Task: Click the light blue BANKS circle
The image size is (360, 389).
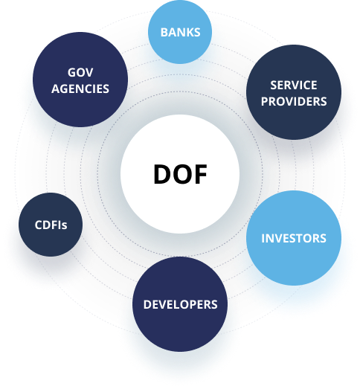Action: pyautogui.click(x=180, y=32)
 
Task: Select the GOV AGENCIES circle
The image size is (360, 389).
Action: pyautogui.click(x=80, y=80)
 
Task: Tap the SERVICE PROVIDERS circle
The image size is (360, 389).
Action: pyautogui.click(x=294, y=92)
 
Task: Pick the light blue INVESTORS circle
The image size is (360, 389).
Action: pyautogui.click(x=294, y=238)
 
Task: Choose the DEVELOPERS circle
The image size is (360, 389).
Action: pyautogui.click(x=180, y=304)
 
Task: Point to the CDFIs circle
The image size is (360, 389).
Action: pyautogui.click(x=51, y=225)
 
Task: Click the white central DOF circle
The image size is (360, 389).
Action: pyautogui.click(x=180, y=174)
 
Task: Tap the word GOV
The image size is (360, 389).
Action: pyautogui.click(x=80, y=72)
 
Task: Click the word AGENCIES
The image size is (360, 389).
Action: pyautogui.click(x=80, y=89)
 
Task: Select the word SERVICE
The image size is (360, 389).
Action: pyautogui.click(x=294, y=85)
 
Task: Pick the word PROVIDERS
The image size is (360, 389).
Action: pyautogui.click(x=294, y=101)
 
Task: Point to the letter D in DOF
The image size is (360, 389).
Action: pyautogui.click(x=162, y=174)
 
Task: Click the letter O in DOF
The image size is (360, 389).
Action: pyautogui.click(x=182, y=174)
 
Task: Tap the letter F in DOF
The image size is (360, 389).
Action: pyautogui.click(x=201, y=174)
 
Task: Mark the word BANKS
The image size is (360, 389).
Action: pyautogui.click(x=181, y=32)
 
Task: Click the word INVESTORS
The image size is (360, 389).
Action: pyautogui.click(x=294, y=239)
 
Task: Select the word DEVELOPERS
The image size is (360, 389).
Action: pyautogui.click(x=181, y=304)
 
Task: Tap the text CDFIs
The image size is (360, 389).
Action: pyautogui.click(x=51, y=225)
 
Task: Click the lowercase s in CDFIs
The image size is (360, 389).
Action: pyautogui.click(x=65, y=226)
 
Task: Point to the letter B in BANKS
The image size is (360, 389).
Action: pyautogui.click(x=164, y=32)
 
